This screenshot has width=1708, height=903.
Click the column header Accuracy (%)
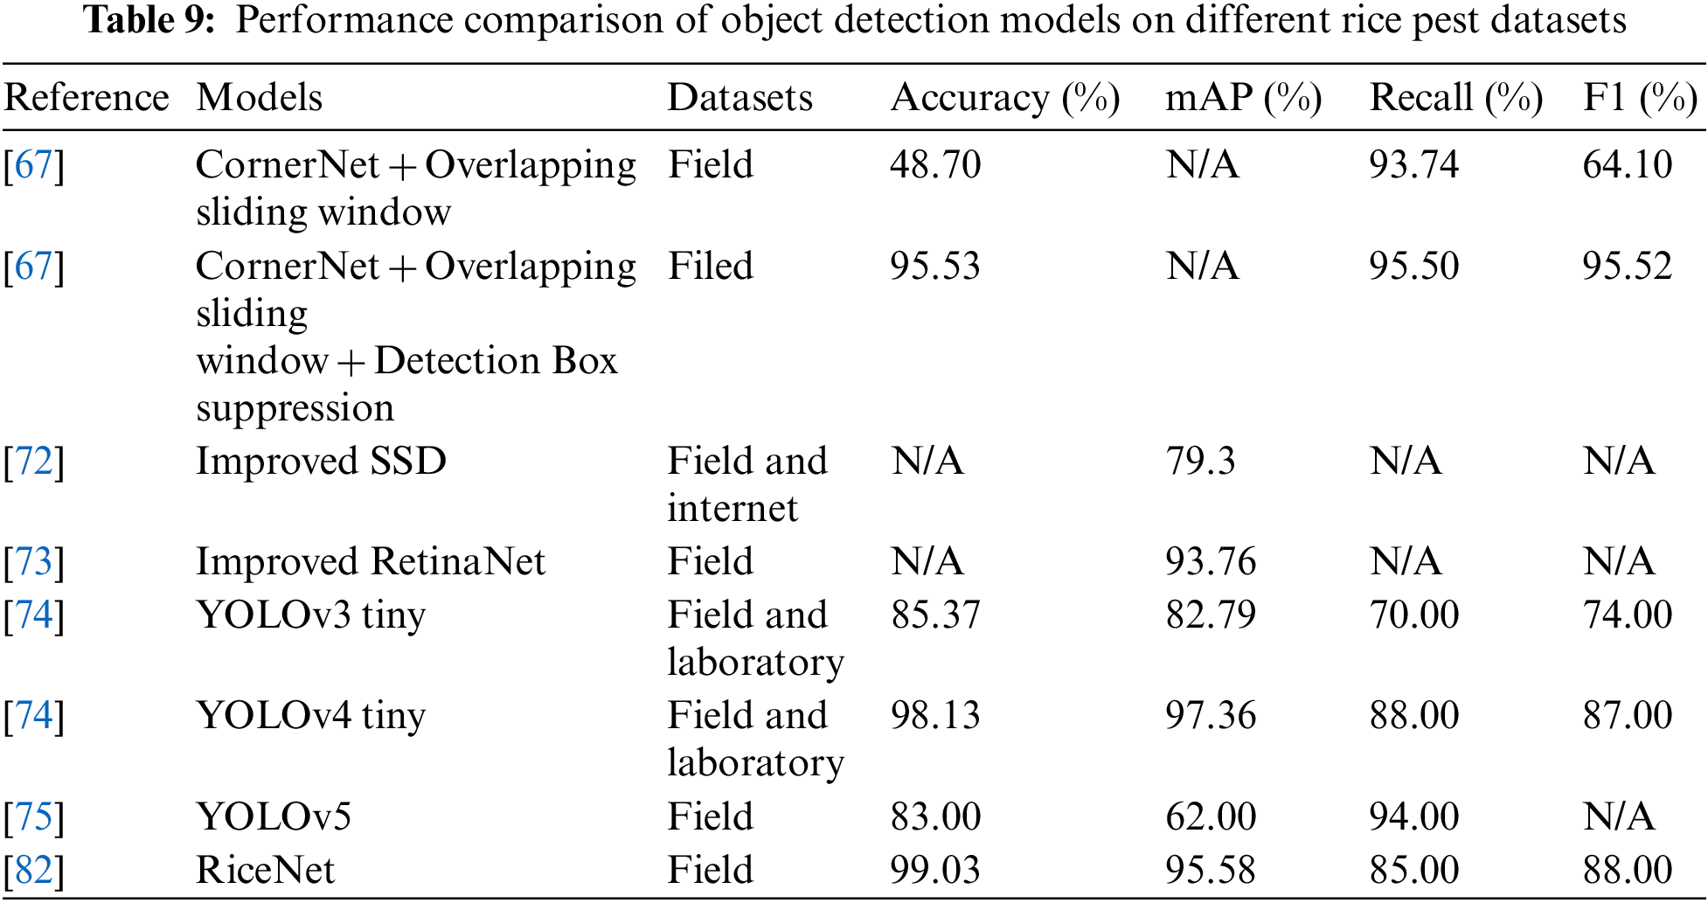pyautogui.click(x=1004, y=98)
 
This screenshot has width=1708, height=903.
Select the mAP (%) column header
pyautogui.click(x=1243, y=98)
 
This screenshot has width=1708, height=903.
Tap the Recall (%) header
pyautogui.click(x=1455, y=98)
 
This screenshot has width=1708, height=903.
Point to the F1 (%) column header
pyautogui.click(x=1640, y=98)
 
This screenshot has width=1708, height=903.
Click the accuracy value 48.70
pyautogui.click(x=935, y=164)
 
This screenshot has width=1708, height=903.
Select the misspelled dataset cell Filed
pyautogui.click(x=710, y=266)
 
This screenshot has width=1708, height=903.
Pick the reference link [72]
pyautogui.click(x=34, y=461)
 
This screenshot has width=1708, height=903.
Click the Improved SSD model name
pyautogui.click(x=321, y=461)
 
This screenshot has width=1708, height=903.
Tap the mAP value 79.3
pyautogui.click(x=1200, y=461)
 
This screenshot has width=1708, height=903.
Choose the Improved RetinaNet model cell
pyautogui.click(x=370, y=561)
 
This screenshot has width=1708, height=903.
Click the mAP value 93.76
pyautogui.click(x=1211, y=561)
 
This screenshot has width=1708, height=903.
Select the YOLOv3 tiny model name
pyautogui.click(x=310, y=615)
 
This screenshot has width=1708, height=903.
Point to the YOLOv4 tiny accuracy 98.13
pyautogui.click(x=935, y=715)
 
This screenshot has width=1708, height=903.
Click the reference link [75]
pyautogui.click(x=34, y=816)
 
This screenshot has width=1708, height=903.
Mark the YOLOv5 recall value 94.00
pyautogui.click(x=1413, y=816)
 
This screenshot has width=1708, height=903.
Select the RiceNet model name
pyautogui.click(x=265, y=870)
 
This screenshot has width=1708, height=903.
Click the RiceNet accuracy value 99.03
pyautogui.click(x=935, y=870)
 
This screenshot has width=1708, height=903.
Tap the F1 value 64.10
pyautogui.click(x=1627, y=164)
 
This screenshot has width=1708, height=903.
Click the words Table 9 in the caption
pyautogui.click(x=149, y=20)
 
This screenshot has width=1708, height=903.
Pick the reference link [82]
pyautogui.click(x=34, y=870)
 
